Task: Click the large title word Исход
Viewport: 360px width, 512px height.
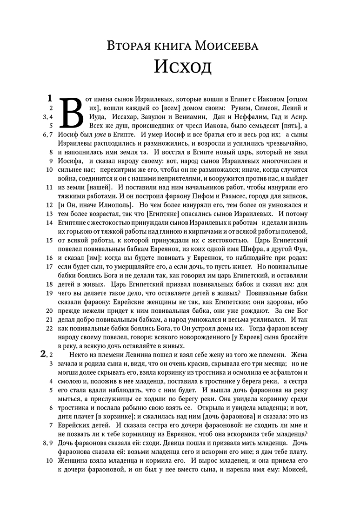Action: coord(183,66)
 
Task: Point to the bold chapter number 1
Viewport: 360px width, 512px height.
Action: coord(49,98)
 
